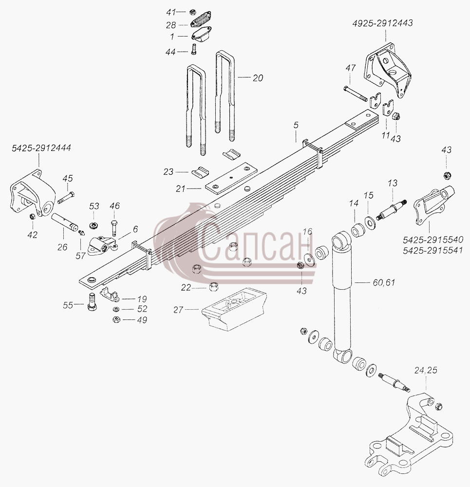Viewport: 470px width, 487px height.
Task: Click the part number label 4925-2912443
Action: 382,23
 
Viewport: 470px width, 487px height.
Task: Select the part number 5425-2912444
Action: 41,148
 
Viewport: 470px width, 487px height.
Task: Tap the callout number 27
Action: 178,310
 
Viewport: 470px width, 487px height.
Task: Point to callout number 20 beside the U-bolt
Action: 258,78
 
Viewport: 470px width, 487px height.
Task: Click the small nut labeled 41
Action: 192,12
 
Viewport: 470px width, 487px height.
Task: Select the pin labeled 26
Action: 65,221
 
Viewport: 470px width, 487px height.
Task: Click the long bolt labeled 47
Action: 356,94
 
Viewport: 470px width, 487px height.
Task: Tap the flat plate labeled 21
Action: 231,178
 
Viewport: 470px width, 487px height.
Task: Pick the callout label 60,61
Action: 384,282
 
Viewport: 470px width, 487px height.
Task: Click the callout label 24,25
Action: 426,370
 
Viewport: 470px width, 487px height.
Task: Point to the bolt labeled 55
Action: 92,301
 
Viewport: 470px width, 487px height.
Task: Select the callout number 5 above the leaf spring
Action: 296,125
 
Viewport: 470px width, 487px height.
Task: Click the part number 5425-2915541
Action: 433,250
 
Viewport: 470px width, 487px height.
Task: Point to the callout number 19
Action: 142,300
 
